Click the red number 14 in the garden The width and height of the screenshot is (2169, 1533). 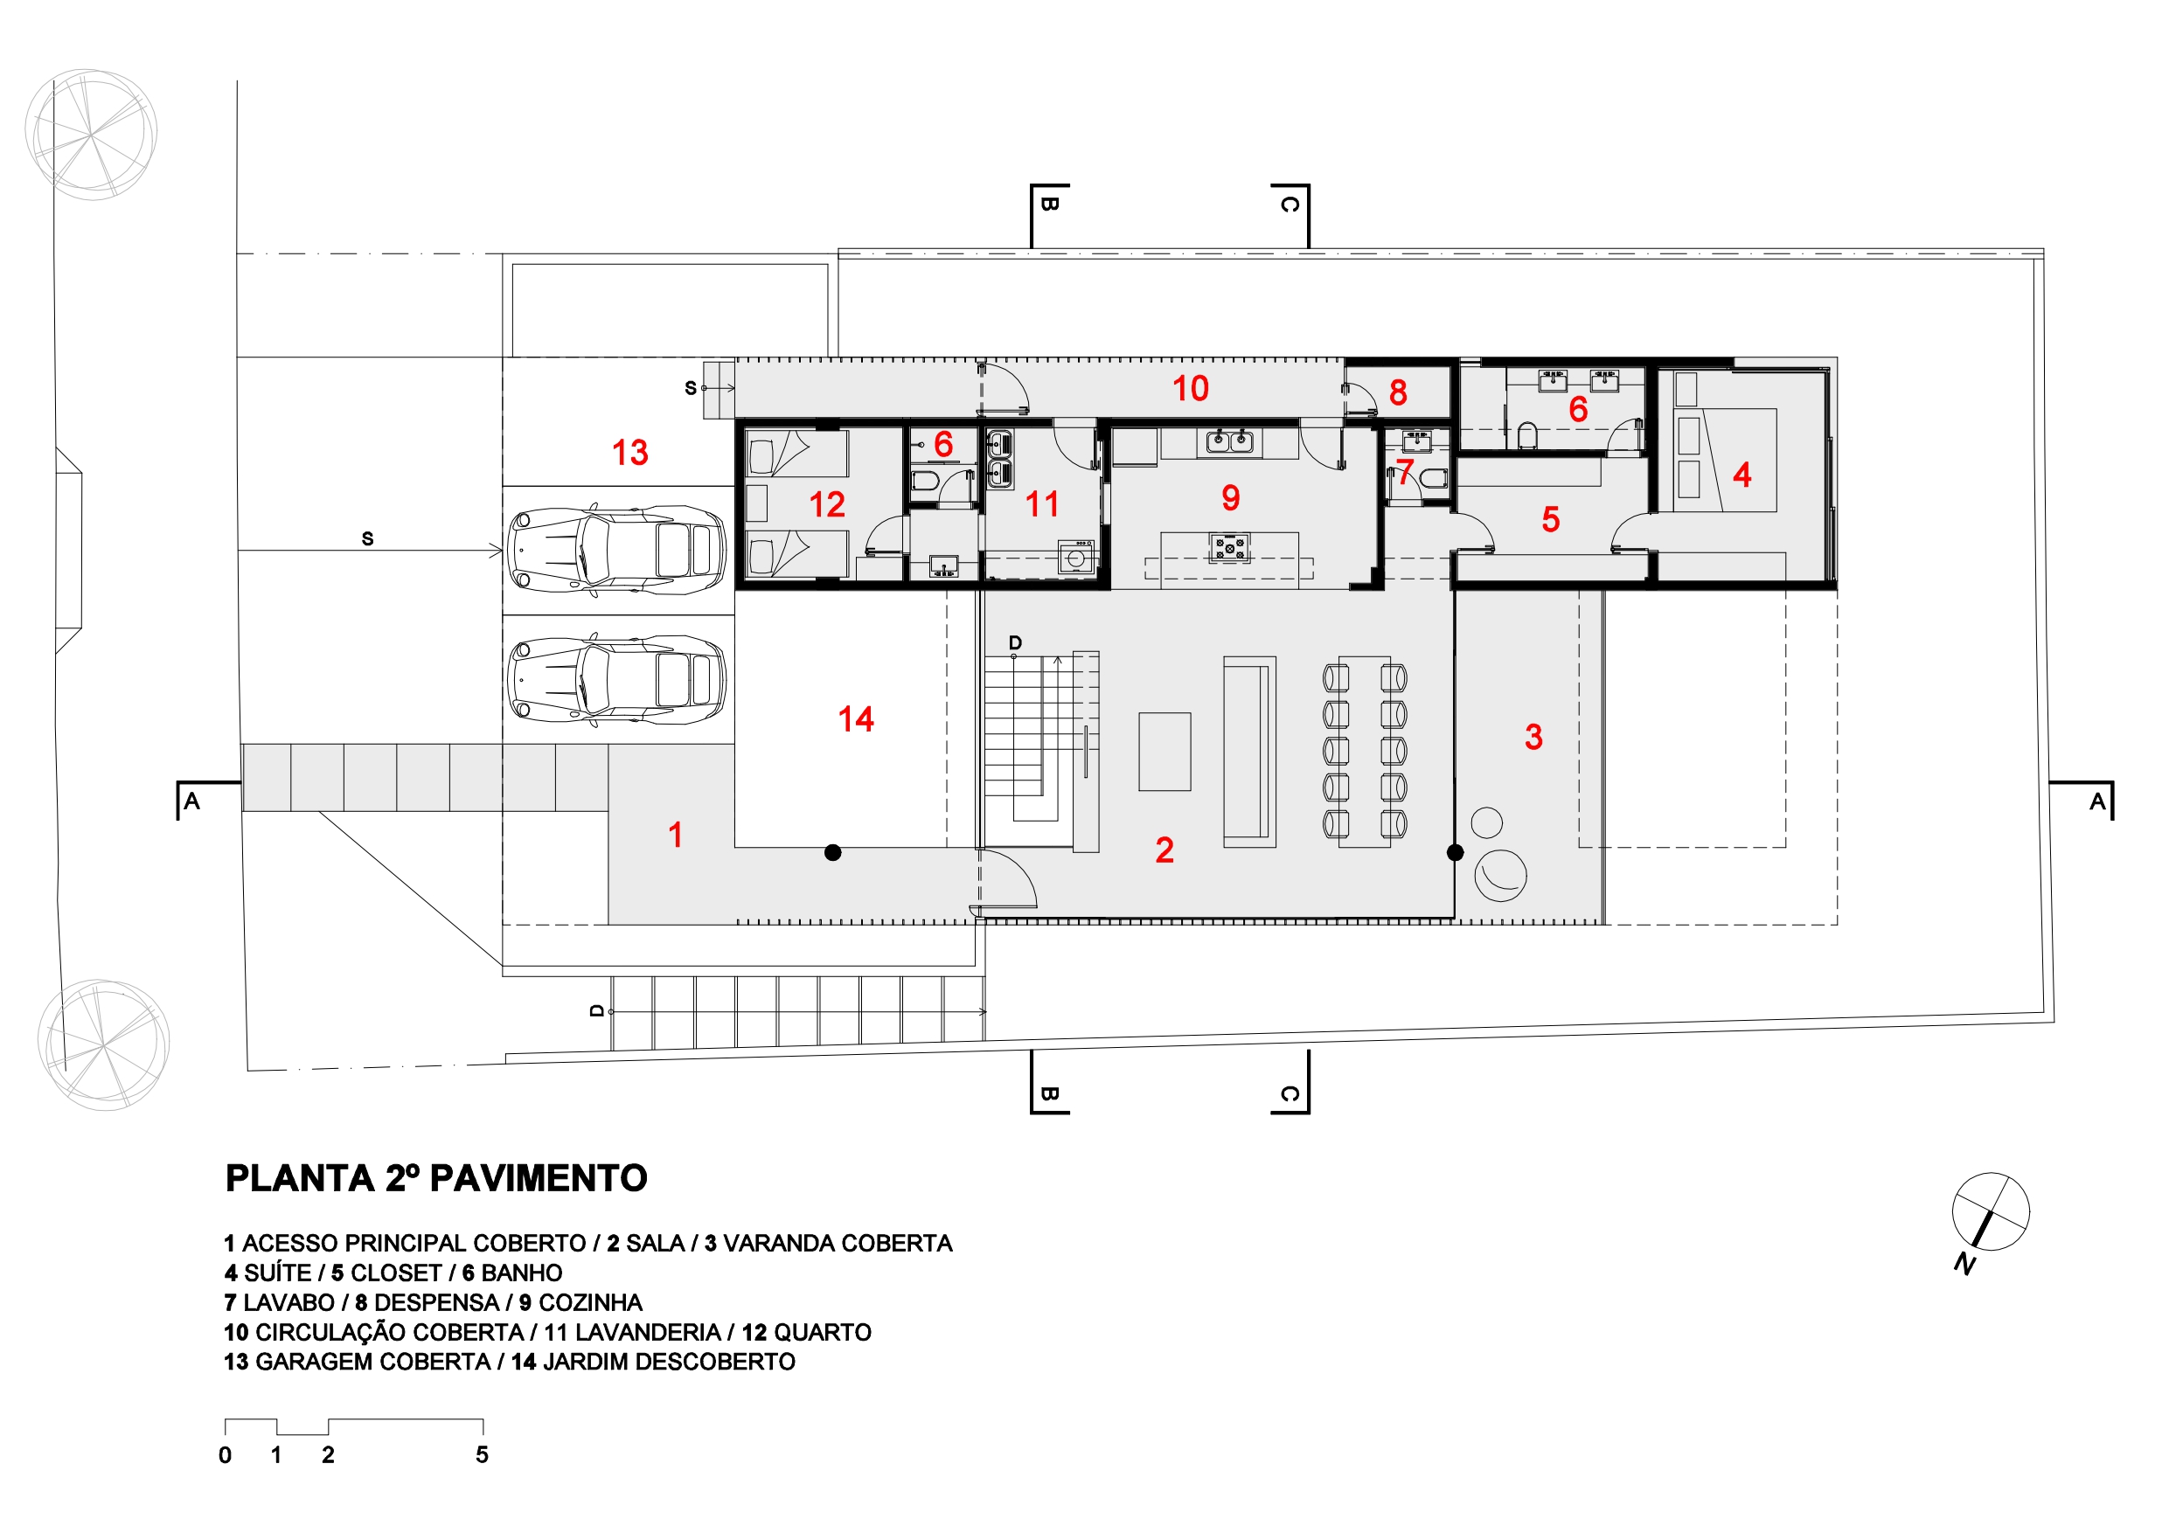pos(856,720)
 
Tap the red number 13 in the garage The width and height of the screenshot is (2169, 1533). pos(630,453)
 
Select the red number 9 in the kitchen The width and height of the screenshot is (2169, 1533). pos(1230,498)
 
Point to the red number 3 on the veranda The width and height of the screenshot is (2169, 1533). pos(1533,737)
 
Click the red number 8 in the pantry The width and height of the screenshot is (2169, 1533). pos(1398,392)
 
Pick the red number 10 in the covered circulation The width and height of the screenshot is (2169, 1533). pos(1191,388)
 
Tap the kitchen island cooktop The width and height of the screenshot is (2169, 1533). pos(1230,547)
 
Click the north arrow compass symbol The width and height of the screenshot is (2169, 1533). pos(1991,1212)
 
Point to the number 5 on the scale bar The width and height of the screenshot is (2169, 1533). pos(482,1454)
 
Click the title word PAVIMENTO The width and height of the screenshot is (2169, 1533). pos(539,1179)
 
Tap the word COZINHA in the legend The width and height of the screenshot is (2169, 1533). pos(589,1302)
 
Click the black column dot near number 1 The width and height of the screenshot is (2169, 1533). pos(832,853)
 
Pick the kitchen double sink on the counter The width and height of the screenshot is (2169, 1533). pos(1230,441)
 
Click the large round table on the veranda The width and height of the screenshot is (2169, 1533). pos(1500,876)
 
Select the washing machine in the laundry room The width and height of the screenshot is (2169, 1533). pos(1076,558)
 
